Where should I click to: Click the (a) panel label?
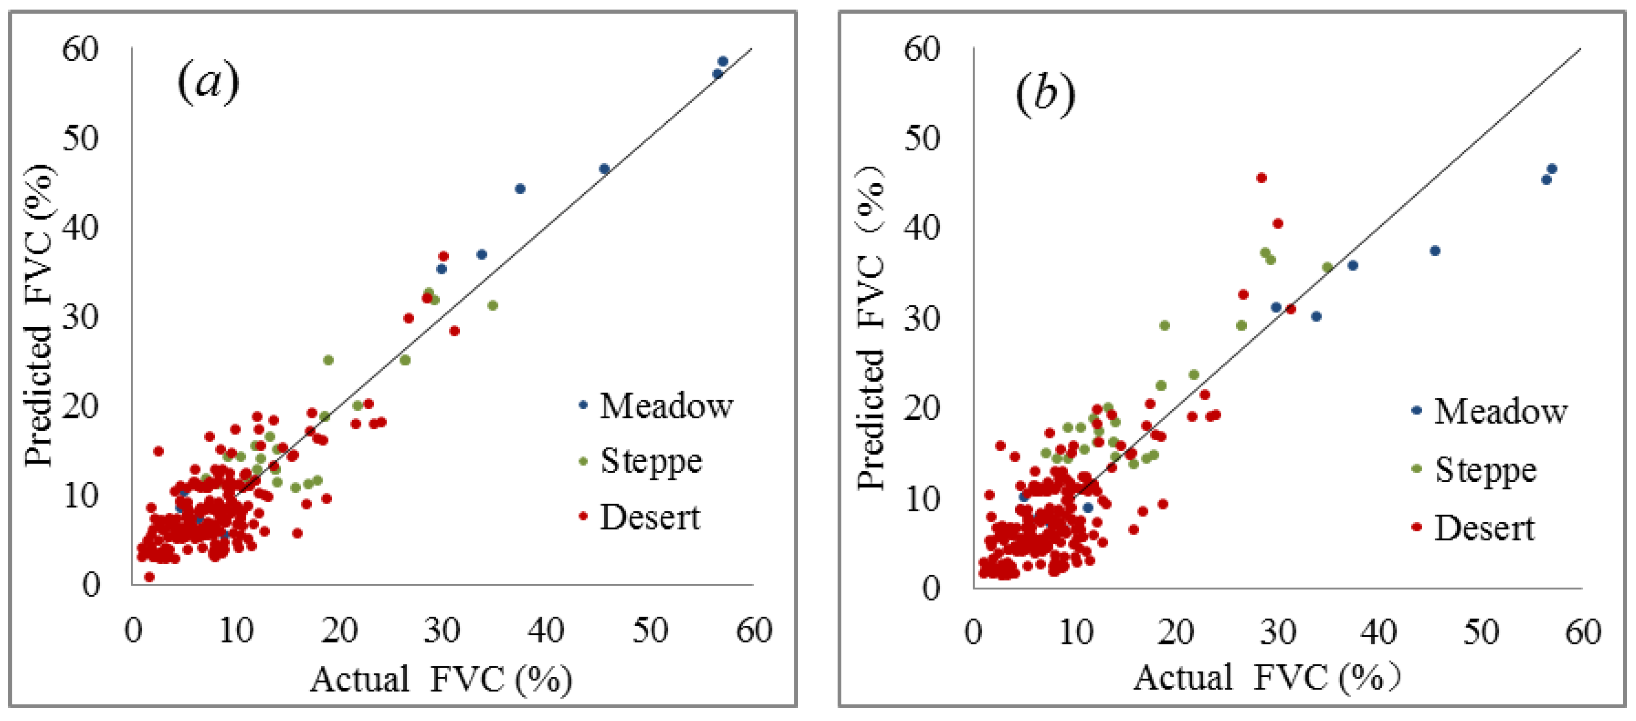(x=208, y=82)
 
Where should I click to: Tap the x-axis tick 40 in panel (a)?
(x=546, y=631)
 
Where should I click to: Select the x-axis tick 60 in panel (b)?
(x=1583, y=633)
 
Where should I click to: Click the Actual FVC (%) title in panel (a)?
(x=441, y=679)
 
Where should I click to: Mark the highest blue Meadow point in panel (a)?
(x=723, y=62)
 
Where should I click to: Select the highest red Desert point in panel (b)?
(x=1261, y=178)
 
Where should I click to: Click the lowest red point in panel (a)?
(x=149, y=577)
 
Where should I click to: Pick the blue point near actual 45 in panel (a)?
(x=604, y=169)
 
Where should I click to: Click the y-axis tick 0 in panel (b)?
(x=931, y=589)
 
